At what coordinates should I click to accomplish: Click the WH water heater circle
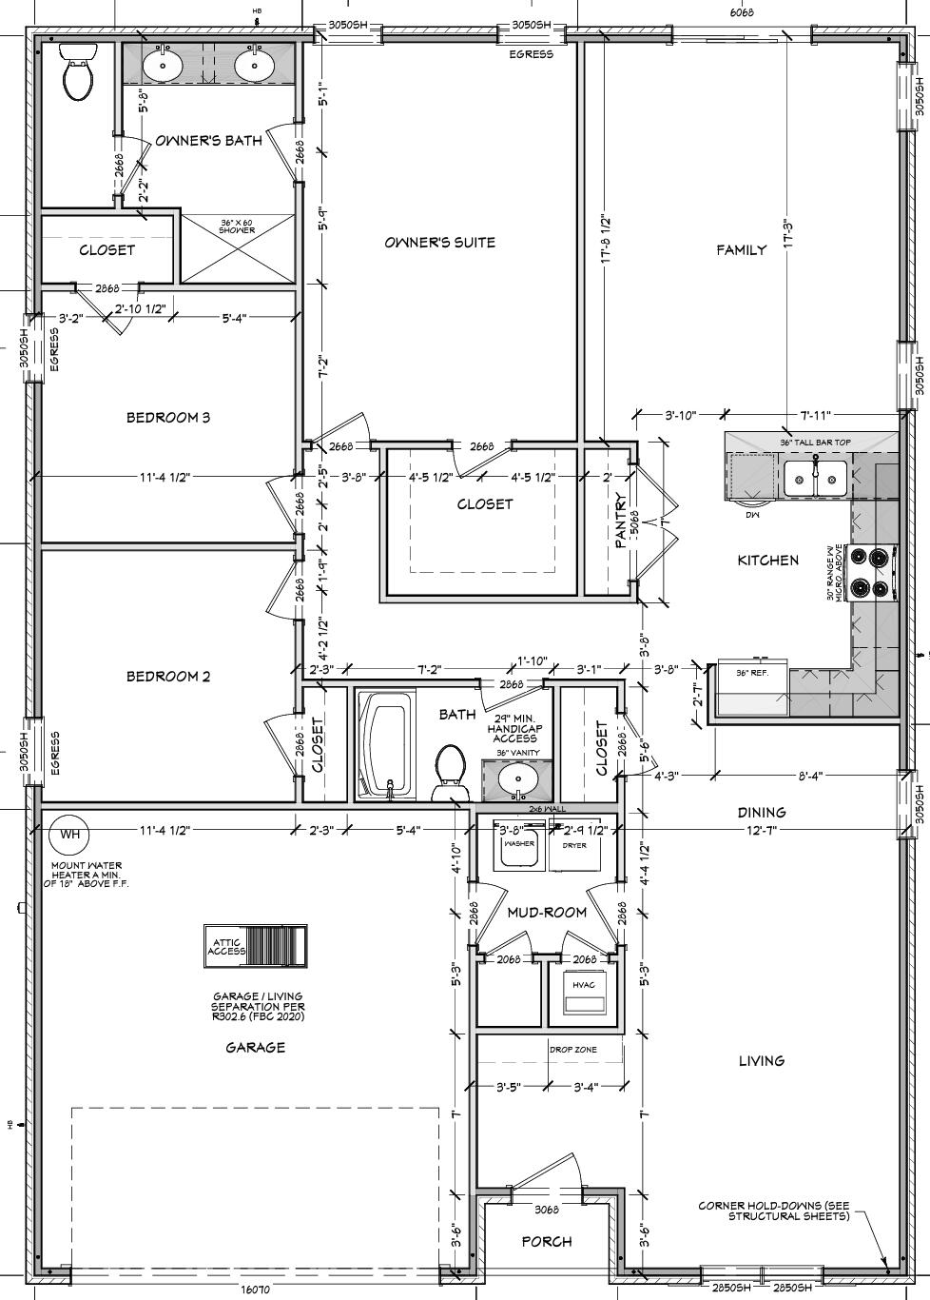[69, 835]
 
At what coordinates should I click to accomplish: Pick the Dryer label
[574, 845]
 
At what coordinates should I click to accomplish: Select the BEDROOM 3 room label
[168, 417]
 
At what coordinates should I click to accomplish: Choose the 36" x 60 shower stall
[237, 248]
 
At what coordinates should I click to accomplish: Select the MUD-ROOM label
[546, 912]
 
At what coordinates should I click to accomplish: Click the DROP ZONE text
[572, 1050]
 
